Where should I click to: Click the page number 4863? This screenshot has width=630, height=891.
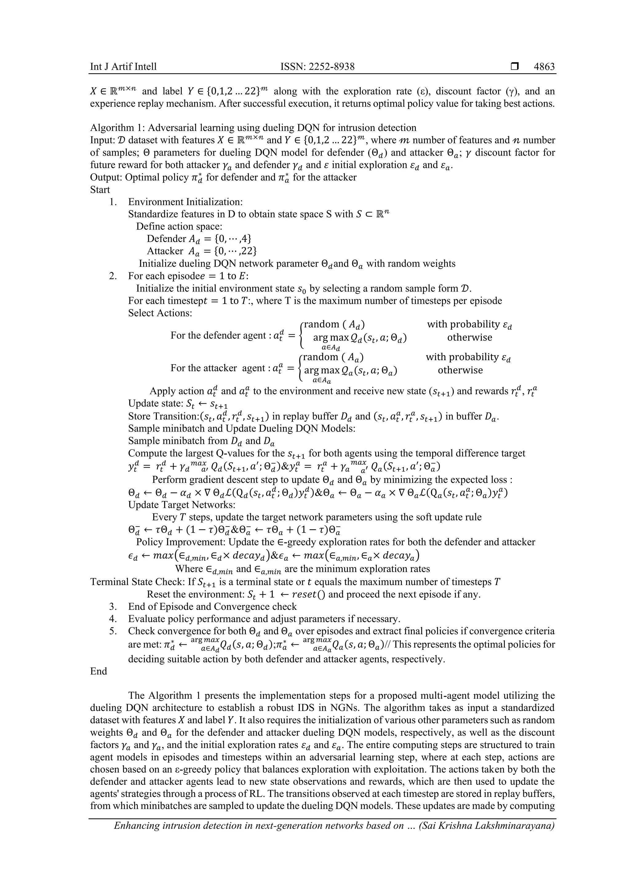coord(544,67)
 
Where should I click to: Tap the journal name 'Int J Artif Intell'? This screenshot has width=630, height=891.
coord(123,67)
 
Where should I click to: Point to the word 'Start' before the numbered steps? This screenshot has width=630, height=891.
coord(100,190)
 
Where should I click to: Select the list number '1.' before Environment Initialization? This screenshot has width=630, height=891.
coord(113,202)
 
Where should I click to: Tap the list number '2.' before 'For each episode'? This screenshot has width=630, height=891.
coord(113,276)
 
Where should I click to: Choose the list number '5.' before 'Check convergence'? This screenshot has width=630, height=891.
coord(113,631)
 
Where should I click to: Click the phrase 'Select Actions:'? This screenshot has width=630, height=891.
coord(160,313)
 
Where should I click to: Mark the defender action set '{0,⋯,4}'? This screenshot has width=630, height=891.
coord(231,239)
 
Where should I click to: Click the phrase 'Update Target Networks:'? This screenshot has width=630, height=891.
coord(182,505)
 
